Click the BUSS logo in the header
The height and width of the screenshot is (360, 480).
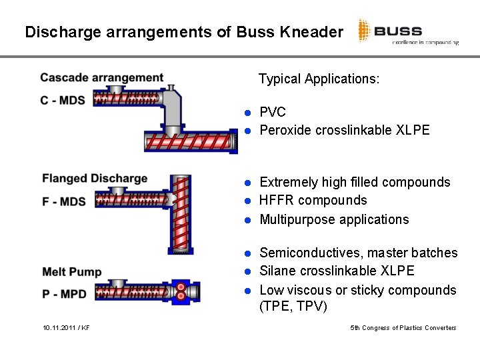coord(407,31)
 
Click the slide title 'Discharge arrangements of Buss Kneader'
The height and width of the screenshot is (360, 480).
coord(184,31)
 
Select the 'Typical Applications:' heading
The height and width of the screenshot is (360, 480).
coord(319,79)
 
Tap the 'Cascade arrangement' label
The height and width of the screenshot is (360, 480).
coord(101,78)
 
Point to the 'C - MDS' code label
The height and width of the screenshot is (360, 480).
coord(64,100)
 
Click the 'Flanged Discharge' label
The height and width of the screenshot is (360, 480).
coord(95,178)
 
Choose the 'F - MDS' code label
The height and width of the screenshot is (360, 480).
coord(64,201)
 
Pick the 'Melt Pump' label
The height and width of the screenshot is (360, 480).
coord(71,271)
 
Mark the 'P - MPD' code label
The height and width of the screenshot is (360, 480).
coord(64,293)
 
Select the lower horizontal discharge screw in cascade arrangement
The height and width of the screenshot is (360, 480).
coord(191,141)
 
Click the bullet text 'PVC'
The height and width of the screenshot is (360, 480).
coord(272,111)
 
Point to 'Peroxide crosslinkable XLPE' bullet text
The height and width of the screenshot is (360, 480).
coord(344,130)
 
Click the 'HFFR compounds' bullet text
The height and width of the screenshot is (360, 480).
coord(313,200)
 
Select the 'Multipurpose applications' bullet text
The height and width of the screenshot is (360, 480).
coord(334,219)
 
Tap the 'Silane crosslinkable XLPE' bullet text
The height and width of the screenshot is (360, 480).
coord(337,271)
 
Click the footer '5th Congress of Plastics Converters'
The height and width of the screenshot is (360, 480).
coord(403,328)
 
